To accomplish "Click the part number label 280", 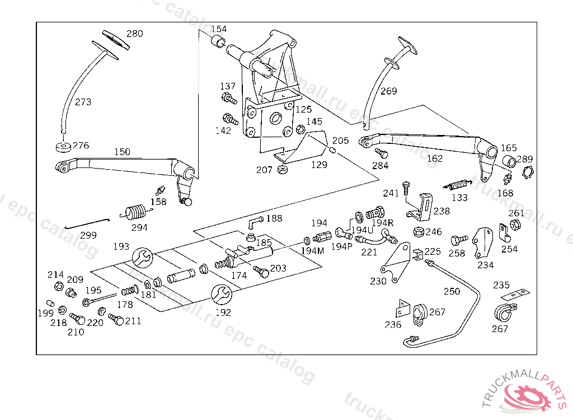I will pos(134,34).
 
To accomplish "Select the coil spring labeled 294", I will pos(134,213).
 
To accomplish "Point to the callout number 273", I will pos(83,102).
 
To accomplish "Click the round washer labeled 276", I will pos(63,147).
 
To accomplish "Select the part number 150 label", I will pos(122,152).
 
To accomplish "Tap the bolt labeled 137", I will pos(229,100).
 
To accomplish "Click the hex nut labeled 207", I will pos(283,170).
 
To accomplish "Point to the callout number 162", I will pos(434,158).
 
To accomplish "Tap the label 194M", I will pos(312,251).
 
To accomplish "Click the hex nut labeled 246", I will pos(418,231).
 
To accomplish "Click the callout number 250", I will pos(452,292).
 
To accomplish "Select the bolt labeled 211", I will pos(116,320).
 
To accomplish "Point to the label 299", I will pos(88,235).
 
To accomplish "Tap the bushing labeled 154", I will pos(218,41).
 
